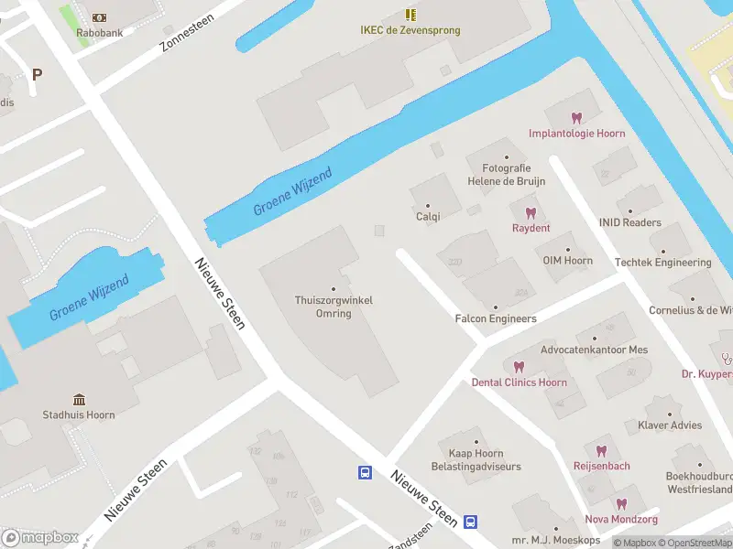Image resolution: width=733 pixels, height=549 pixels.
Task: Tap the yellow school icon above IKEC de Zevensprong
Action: coord(410,15)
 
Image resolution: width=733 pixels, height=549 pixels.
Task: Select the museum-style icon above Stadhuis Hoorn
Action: coord(79,400)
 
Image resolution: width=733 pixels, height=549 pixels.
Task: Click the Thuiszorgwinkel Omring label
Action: coord(334,307)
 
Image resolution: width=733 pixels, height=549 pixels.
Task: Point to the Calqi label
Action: coord(428,217)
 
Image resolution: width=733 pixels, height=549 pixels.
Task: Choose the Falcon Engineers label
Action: coord(496,318)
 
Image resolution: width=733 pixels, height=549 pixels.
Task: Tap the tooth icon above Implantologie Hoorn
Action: coord(576,118)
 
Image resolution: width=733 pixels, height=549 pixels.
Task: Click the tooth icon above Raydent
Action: coord(531,213)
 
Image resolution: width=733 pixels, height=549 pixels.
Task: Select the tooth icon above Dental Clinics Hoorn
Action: coord(519,367)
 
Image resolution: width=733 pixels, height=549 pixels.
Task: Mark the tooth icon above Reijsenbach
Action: coord(601,451)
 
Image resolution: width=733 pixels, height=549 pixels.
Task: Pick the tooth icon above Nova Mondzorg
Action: coord(621,504)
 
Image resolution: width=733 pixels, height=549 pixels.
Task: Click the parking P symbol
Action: coord(37,75)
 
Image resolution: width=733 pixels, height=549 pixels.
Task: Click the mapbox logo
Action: coord(40,537)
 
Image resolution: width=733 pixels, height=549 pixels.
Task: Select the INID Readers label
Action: coord(629,222)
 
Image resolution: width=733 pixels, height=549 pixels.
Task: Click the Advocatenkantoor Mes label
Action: coord(594,350)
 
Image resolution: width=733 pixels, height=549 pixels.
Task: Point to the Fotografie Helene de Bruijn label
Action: coord(506,175)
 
